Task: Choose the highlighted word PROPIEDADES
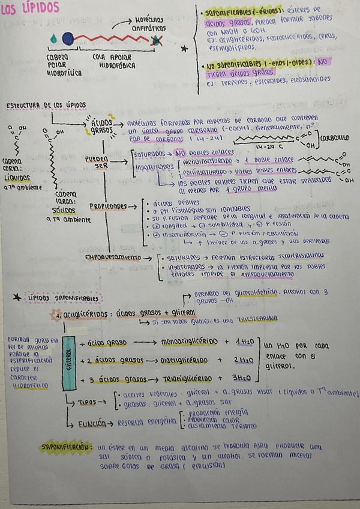click(109, 206)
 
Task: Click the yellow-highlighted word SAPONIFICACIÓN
click(65, 447)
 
